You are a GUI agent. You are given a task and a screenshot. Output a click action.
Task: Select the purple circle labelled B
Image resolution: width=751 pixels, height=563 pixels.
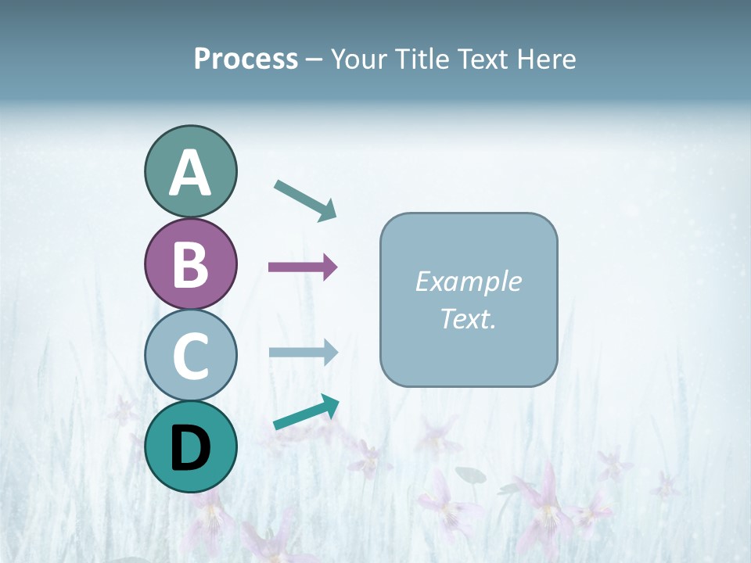pos(190,264)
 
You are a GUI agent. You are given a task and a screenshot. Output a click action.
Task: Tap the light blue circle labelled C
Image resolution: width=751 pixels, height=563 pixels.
pos(190,355)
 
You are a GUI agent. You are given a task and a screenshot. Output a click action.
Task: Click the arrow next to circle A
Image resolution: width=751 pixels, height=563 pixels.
pos(305,199)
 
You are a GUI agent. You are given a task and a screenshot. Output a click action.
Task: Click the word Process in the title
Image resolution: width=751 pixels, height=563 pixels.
pos(246,59)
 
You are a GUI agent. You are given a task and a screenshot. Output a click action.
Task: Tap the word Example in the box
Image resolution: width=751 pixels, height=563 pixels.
pos(468,281)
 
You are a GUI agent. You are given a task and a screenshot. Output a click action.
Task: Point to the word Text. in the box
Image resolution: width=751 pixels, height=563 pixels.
pos(468,318)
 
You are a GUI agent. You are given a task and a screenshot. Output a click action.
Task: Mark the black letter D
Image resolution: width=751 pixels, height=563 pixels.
pos(190,449)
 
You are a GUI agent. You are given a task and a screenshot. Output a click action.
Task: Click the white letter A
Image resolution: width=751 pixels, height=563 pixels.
pos(190,174)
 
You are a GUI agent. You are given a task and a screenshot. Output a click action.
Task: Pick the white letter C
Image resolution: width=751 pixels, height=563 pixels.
pos(190,357)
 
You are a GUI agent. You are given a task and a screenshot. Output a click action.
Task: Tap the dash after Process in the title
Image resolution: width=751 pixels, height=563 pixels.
pos(314,60)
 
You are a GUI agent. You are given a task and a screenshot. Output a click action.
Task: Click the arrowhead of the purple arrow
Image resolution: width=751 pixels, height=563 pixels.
pos(330,267)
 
